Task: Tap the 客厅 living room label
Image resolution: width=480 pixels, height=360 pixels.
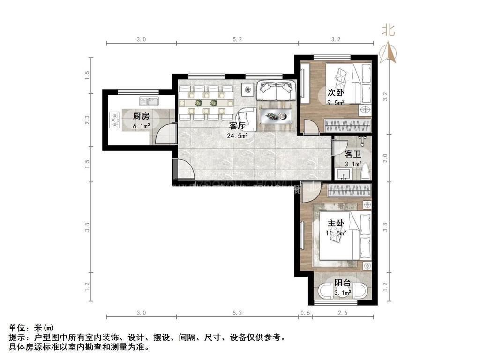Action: (238, 126)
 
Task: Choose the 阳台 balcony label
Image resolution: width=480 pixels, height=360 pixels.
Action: (342, 283)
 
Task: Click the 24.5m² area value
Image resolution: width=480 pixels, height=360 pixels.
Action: (238, 135)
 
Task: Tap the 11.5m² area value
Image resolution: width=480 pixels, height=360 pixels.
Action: (336, 232)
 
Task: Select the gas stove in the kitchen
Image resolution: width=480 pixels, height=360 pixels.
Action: (115, 120)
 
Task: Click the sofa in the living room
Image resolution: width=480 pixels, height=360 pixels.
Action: (276, 90)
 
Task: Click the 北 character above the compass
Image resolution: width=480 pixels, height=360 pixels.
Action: (389, 31)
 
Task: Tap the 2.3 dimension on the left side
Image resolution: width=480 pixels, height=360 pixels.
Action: (87, 120)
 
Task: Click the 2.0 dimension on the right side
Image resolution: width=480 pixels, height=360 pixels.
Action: (385, 158)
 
